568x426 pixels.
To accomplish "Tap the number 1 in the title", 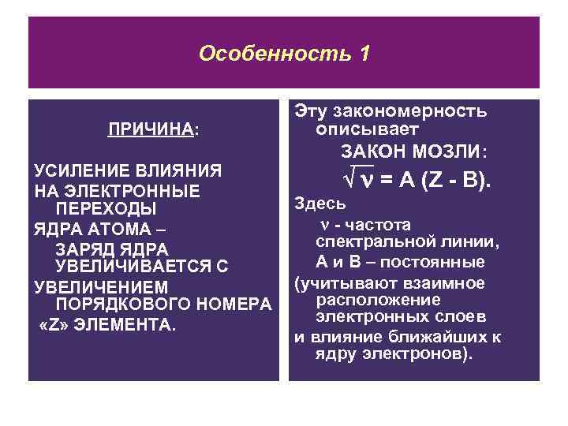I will point(363,54).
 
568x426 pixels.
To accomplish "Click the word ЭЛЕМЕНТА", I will point(125,323).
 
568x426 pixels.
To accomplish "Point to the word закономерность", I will point(417,110).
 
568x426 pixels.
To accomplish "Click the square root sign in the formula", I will point(350,181).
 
